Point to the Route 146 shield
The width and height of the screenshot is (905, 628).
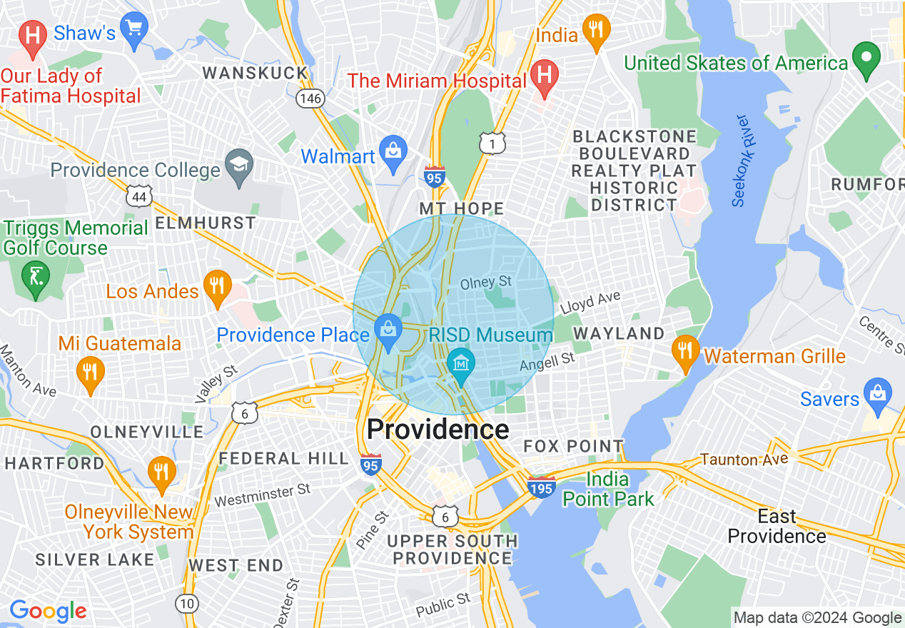click(311, 98)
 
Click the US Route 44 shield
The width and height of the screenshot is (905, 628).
click(138, 196)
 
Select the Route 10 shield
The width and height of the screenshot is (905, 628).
click(187, 604)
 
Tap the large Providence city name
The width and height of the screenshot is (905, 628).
click(438, 430)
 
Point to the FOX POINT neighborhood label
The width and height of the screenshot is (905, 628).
click(573, 447)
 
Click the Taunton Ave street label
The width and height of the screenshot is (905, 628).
click(744, 459)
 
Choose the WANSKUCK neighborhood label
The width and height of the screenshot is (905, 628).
click(255, 73)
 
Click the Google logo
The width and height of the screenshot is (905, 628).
click(47, 611)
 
